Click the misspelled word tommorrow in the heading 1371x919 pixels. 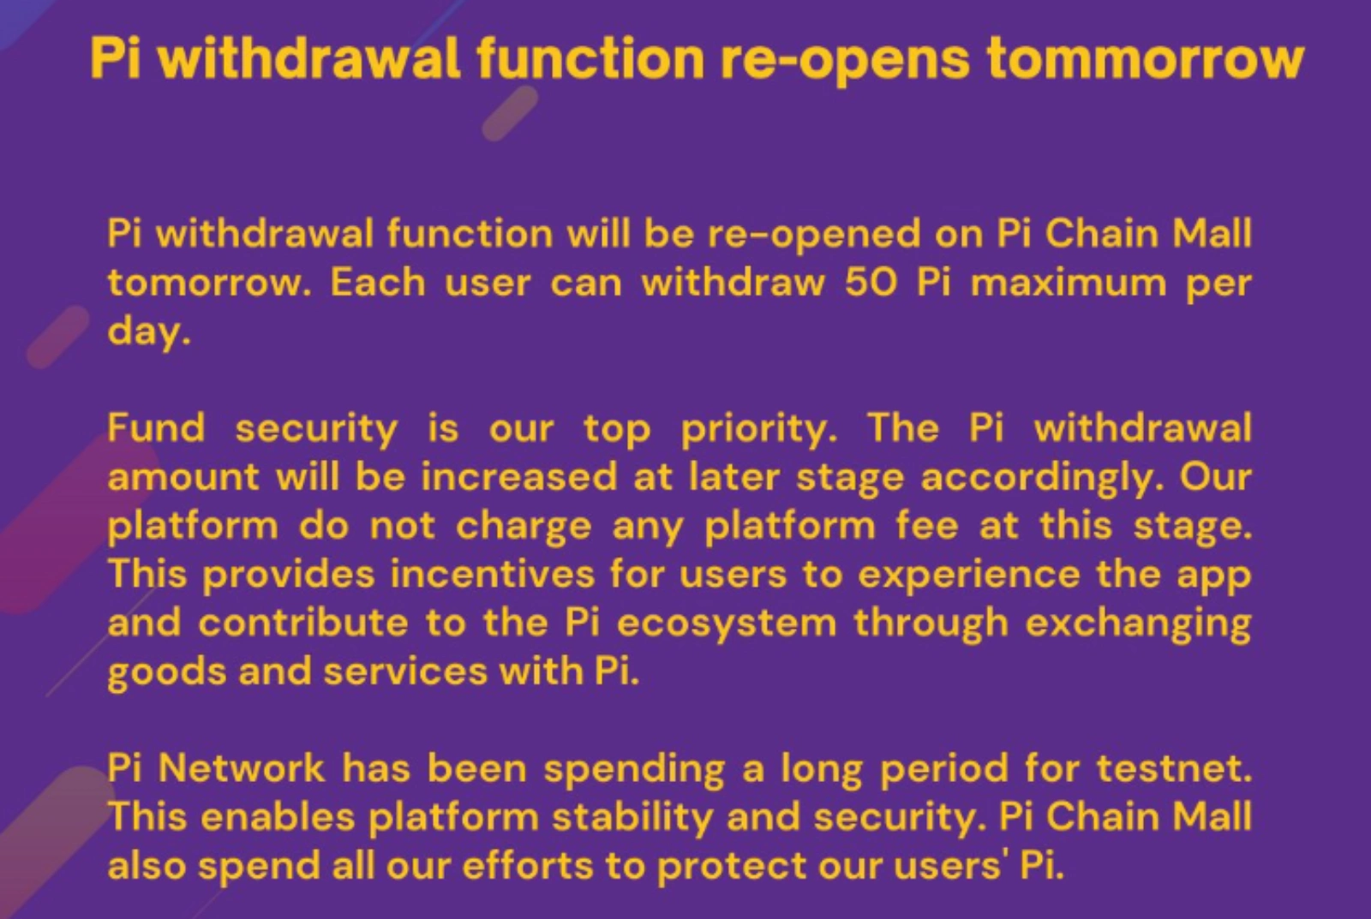click(x=1145, y=58)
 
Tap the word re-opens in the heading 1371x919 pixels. click(x=844, y=58)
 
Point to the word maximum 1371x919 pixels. click(x=1068, y=283)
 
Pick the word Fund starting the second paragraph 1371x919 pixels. click(x=157, y=427)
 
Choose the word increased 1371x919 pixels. click(x=518, y=477)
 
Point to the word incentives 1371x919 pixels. click(x=492, y=574)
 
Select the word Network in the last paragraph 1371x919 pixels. click(x=241, y=767)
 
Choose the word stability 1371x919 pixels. click(x=632, y=817)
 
